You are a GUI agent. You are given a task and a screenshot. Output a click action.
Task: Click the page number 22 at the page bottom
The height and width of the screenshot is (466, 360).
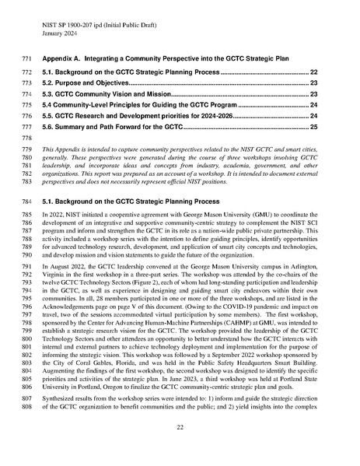coord(180,449)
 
